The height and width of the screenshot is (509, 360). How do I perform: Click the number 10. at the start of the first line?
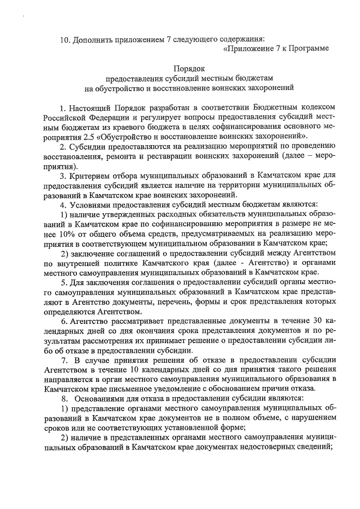66,39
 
